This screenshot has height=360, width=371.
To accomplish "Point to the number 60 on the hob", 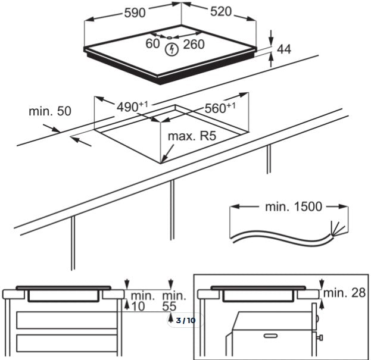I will [x=154, y=43].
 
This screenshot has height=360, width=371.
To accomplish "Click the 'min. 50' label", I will [x=49, y=111].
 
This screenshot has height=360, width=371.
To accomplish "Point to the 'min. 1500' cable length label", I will [x=293, y=207].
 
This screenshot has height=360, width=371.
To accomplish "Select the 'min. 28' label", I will [x=345, y=292].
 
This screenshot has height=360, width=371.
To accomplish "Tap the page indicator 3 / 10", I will [x=186, y=321].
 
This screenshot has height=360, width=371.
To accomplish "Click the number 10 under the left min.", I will [x=138, y=306].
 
